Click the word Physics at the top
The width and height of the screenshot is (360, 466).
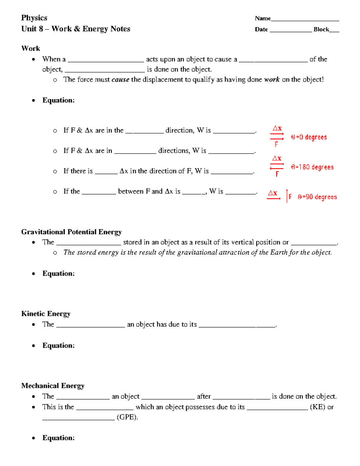(x=34, y=18)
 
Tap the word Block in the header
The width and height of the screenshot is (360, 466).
(x=321, y=29)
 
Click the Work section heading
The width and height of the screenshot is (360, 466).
(x=31, y=49)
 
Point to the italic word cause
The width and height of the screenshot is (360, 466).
(x=120, y=80)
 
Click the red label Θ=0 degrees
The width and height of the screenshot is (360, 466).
(x=309, y=137)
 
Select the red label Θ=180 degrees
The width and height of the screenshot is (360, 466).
(x=312, y=167)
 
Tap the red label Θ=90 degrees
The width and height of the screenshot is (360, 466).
(x=317, y=197)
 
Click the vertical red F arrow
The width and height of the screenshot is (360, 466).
(x=287, y=196)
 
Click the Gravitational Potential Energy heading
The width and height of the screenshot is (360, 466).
(x=71, y=232)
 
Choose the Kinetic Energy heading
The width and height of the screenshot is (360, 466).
(x=46, y=314)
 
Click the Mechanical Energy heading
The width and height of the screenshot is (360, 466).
(x=53, y=386)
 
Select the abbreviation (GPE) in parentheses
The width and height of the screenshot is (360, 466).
(x=127, y=417)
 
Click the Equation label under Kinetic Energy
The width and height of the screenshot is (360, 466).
(x=58, y=346)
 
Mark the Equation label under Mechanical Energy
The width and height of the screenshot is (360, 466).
(x=58, y=438)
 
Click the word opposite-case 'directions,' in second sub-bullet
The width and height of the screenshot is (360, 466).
(x=174, y=151)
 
